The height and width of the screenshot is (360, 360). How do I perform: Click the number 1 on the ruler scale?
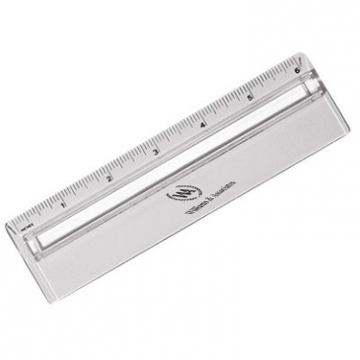(x=63, y=204)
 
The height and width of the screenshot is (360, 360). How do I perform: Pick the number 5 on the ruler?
(x=251, y=98)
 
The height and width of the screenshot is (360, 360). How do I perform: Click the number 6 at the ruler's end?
(x=297, y=71)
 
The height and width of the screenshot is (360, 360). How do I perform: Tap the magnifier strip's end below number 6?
(x=313, y=90)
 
